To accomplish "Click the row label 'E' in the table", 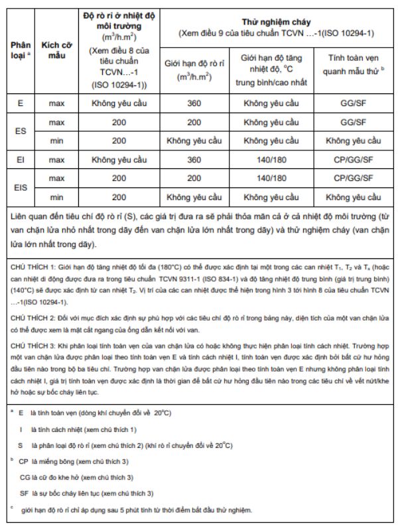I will point(20,103).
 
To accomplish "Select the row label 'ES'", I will point(20,131).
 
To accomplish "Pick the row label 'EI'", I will point(20,160).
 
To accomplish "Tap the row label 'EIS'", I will point(20,187).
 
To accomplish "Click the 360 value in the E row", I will point(194,103).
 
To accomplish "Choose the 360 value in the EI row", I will point(194,160).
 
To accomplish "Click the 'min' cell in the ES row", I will point(56,140).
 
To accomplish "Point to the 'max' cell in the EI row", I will point(56,160).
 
